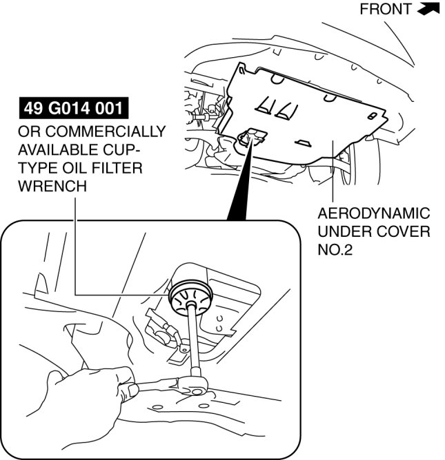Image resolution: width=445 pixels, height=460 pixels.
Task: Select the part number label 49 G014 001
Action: [74, 109]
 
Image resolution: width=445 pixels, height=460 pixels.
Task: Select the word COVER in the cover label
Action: [404, 231]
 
